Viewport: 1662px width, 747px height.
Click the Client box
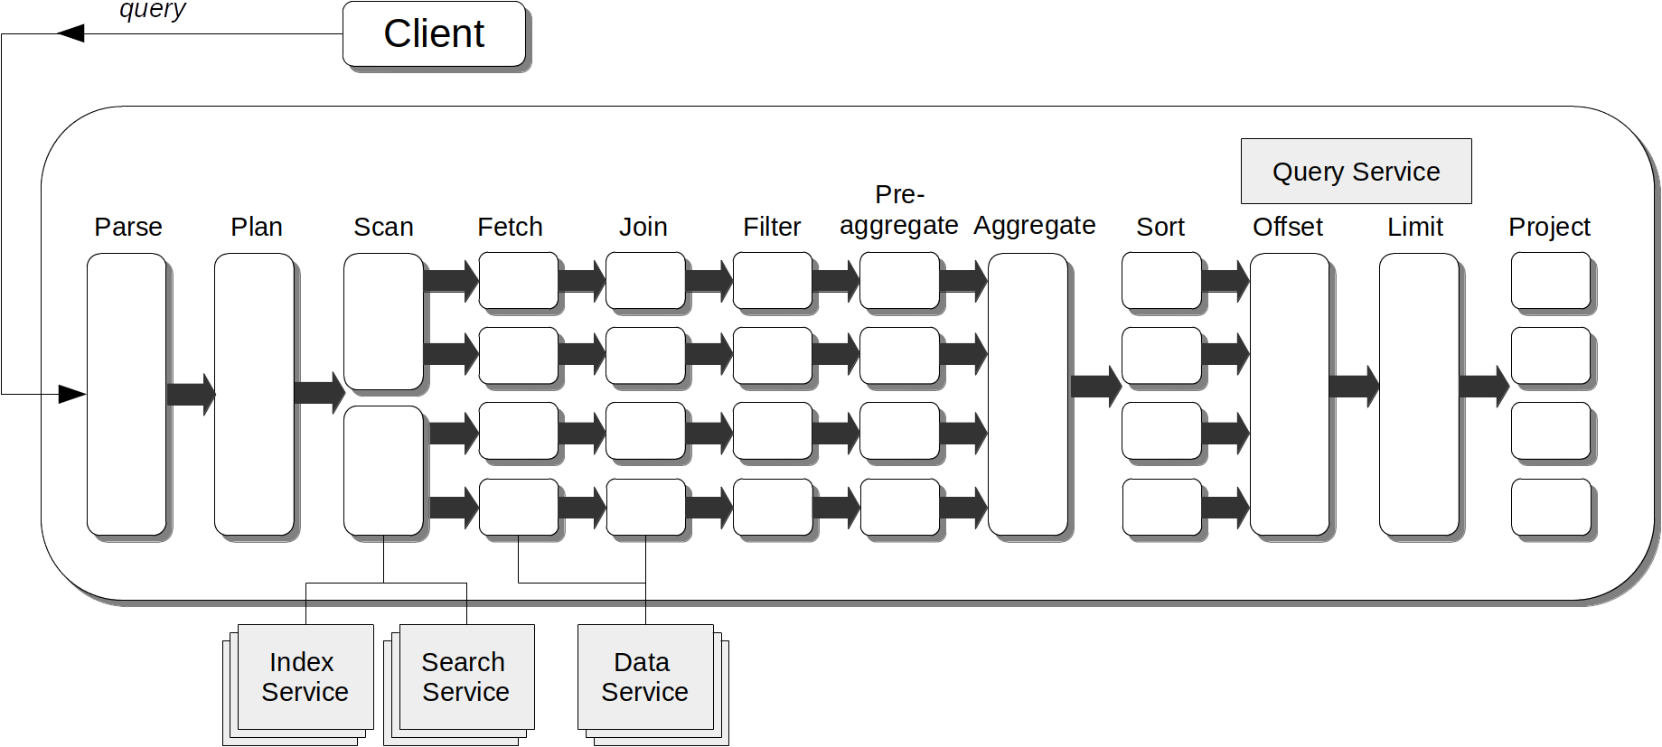pyautogui.click(x=434, y=34)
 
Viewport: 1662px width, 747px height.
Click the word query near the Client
pyautogui.click(x=152, y=10)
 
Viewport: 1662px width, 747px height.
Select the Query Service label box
pyautogui.click(x=1356, y=171)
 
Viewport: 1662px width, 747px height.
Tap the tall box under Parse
pyautogui.click(x=127, y=394)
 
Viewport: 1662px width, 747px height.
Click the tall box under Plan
pyautogui.click(x=254, y=394)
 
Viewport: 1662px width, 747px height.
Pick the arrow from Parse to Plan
pyautogui.click(x=191, y=394)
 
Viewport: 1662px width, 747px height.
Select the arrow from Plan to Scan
pyautogui.click(x=318, y=392)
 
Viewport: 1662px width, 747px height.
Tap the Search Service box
pyautogui.click(x=465, y=677)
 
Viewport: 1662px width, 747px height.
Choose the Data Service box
pyautogui.click(x=644, y=677)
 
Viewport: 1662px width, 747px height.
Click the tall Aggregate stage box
pyautogui.click(x=1028, y=394)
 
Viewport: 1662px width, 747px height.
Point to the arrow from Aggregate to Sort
pyautogui.click(x=1094, y=387)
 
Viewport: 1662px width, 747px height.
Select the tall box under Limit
pyautogui.click(x=1418, y=394)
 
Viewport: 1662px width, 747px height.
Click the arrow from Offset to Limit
pyautogui.click(x=1353, y=387)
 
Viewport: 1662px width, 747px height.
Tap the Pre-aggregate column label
pyautogui.click(x=899, y=210)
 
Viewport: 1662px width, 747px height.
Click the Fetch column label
pyautogui.click(x=510, y=227)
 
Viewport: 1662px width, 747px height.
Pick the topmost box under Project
pyautogui.click(x=1550, y=281)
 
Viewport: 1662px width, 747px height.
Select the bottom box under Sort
pyautogui.click(x=1161, y=507)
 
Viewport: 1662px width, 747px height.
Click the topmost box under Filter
pyautogui.click(x=772, y=281)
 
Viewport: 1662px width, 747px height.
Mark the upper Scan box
pyautogui.click(x=383, y=321)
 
